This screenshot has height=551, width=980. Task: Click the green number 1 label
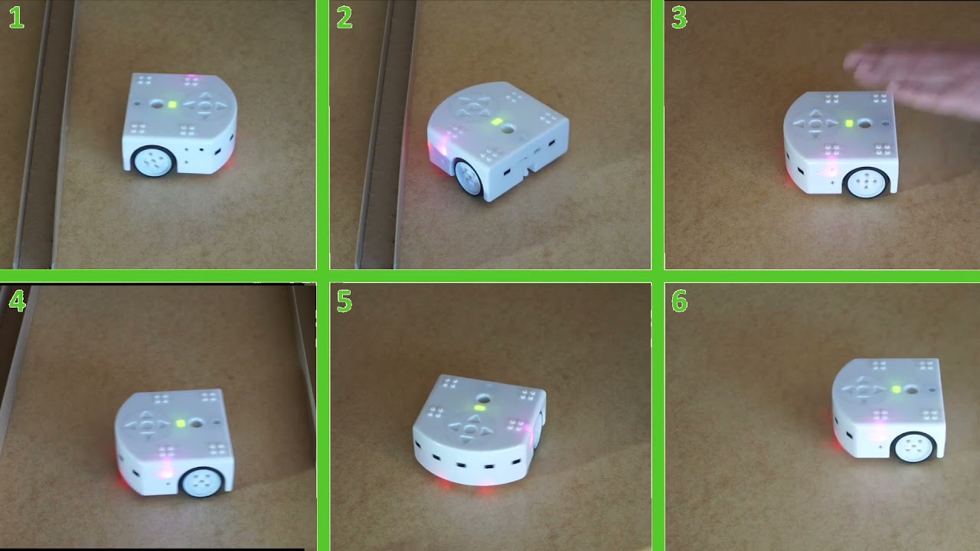click(x=16, y=18)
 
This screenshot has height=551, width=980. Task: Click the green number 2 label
click(x=345, y=18)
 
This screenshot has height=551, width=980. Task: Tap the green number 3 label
click(x=679, y=18)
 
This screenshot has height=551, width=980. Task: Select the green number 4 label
click(x=16, y=302)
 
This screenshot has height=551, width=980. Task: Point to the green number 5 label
click(x=345, y=302)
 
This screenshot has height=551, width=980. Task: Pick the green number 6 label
click(x=679, y=302)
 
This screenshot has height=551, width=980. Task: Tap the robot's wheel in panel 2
click(x=468, y=178)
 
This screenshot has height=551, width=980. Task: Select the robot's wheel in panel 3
click(x=866, y=183)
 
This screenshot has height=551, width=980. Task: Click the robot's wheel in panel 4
click(x=202, y=481)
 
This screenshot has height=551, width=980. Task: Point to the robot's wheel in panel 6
click(x=913, y=446)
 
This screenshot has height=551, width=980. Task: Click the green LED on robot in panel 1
click(x=172, y=105)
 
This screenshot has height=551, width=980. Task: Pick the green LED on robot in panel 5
click(x=479, y=409)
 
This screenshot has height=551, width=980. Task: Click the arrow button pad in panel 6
click(x=864, y=390)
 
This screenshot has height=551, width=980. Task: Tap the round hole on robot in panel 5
click(x=483, y=398)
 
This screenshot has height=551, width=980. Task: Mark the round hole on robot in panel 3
click(x=865, y=122)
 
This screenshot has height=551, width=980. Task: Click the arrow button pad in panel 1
click(x=204, y=106)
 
